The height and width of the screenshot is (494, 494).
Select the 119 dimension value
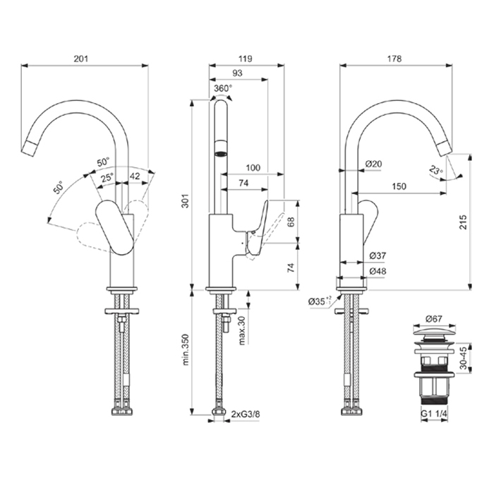(246, 59)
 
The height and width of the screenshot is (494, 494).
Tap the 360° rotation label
(222, 89)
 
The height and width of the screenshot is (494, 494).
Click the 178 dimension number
(394, 59)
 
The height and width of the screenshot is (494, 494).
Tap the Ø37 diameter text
(376, 255)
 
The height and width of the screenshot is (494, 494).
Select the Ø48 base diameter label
(376, 271)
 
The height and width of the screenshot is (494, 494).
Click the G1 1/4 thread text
(433, 416)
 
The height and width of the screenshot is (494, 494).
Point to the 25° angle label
(107, 178)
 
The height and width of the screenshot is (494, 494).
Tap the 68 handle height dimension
(291, 221)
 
